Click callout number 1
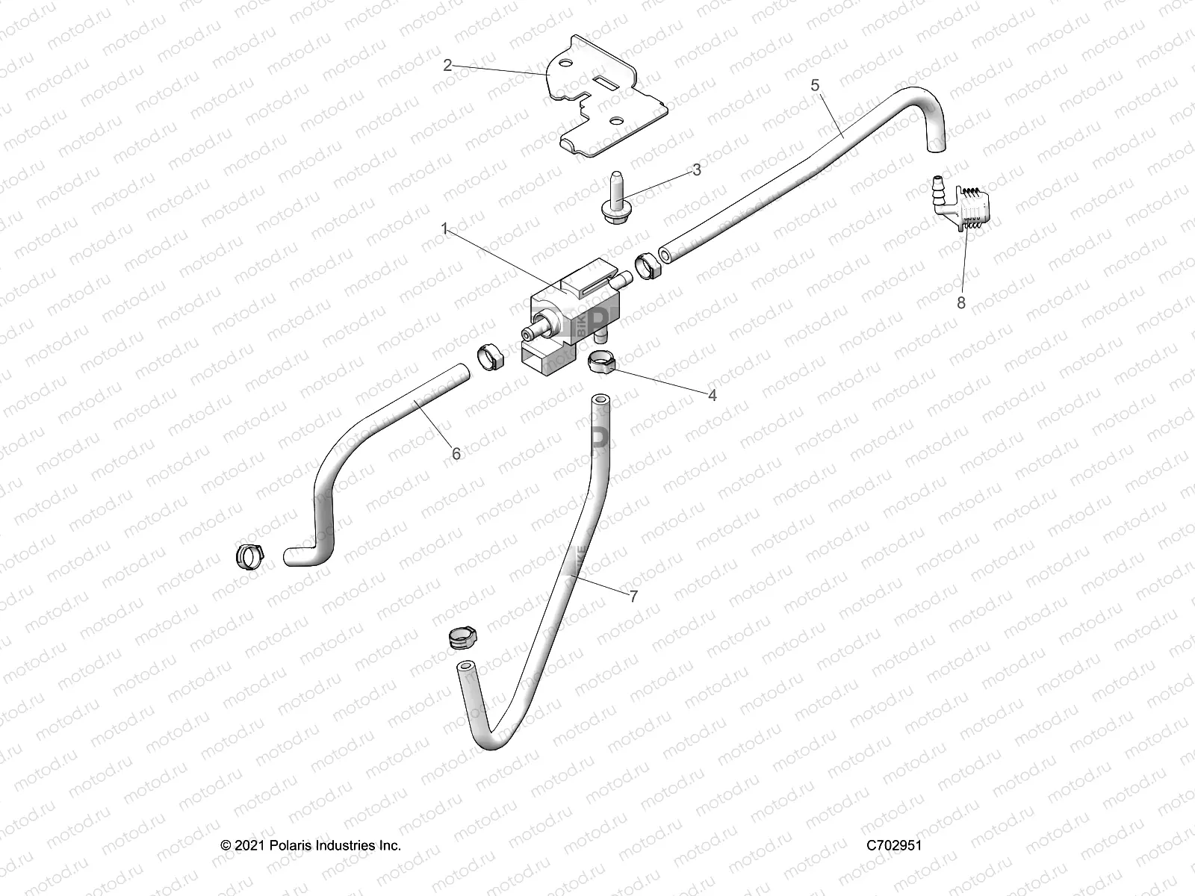(444, 229)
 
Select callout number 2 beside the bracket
(447, 66)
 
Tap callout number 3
(696, 169)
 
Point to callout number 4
(712, 395)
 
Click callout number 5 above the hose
(815, 85)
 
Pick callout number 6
(456, 453)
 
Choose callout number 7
(633, 617)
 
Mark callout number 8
(960, 302)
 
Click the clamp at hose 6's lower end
(250, 555)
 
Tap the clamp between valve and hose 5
(647, 266)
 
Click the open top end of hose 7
(600, 402)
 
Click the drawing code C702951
(894, 845)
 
